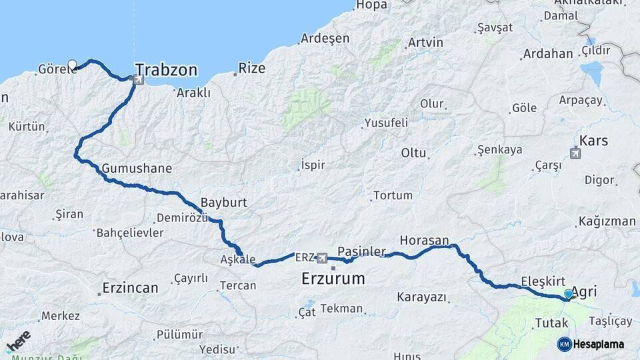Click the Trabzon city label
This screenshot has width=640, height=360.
point(166,70)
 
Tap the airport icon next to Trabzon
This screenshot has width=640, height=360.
point(139,80)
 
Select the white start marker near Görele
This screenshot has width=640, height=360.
point(72,65)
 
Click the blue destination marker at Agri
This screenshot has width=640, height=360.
point(569,293)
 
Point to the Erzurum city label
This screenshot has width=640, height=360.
point(333,278)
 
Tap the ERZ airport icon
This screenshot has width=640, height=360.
point(323,257)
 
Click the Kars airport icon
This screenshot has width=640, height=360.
point(575,153)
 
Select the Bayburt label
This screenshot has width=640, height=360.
point(224,202)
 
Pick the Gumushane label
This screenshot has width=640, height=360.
point(137,169)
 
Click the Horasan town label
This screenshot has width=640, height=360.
point(424,240)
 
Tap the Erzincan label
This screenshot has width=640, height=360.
point(130,289)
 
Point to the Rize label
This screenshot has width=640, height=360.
point(252,68)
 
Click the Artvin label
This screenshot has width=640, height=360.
point(425,43)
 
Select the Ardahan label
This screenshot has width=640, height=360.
point(548,54)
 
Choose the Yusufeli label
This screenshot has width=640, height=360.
point(385,123)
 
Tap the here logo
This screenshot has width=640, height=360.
point(18,341)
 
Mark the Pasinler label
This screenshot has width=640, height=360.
point(361,251)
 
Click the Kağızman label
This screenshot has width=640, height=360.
point(607,221)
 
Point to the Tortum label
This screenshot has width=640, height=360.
point(393,195)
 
